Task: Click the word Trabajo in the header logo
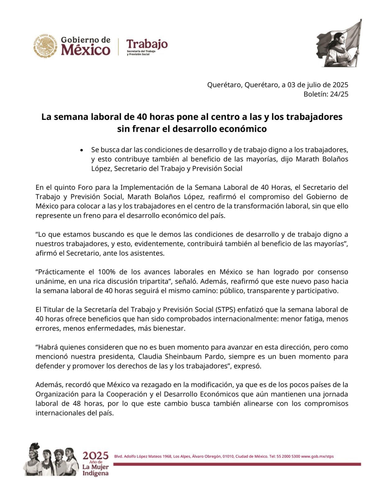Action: coord(147,44)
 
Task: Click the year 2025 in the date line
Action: coord(340,85)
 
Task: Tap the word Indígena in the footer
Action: coord(96,473)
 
